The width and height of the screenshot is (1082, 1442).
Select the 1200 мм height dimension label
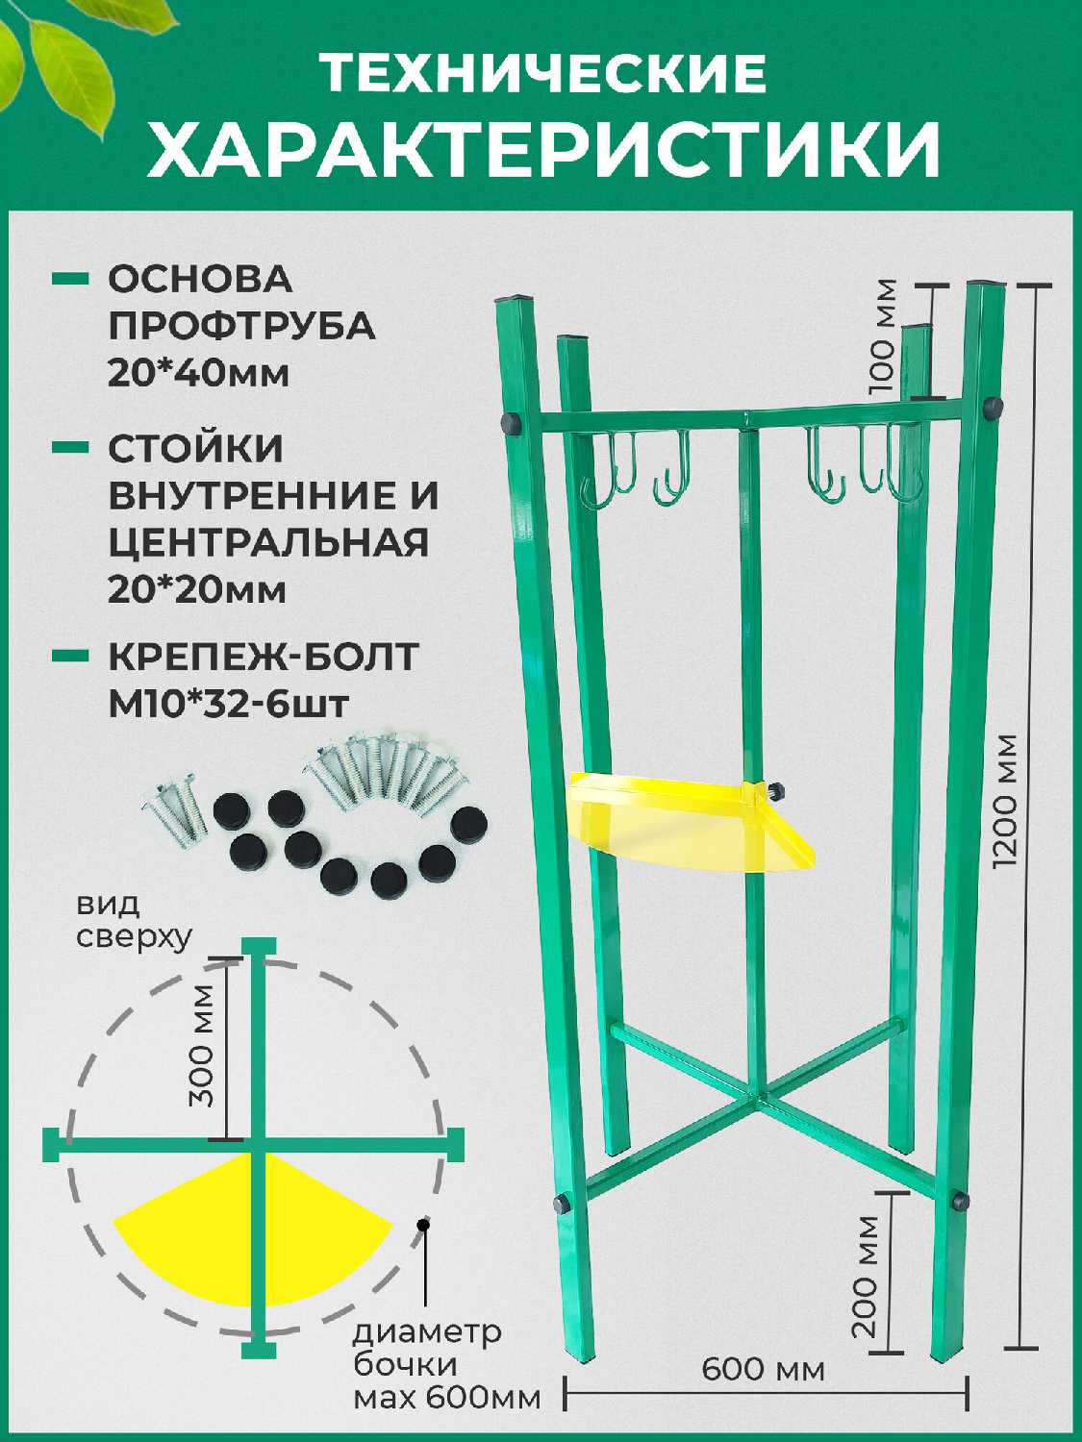[1007, 803]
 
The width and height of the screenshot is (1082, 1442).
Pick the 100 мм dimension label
[882, 336]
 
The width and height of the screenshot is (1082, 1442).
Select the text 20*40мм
[198, 373]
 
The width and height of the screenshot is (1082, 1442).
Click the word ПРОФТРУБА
[241, 326]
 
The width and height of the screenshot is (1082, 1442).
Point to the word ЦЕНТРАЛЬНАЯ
[267, 542]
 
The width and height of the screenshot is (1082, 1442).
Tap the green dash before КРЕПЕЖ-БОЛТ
[71, 657]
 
